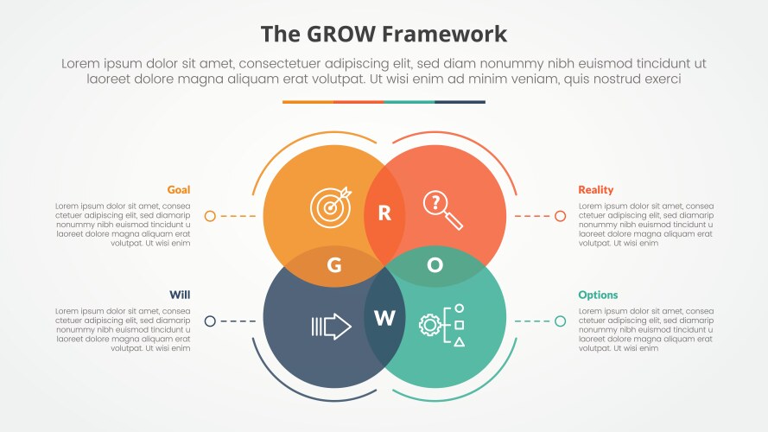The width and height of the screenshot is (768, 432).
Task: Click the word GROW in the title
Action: point(340,35)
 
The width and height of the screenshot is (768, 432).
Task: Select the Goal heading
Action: point(179,190)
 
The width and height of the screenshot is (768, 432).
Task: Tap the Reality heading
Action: point(596,190)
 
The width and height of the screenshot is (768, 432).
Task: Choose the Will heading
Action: point(180,295)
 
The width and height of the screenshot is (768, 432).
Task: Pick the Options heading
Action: point(598,295)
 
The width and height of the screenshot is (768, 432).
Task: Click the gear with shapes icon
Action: point(441,325)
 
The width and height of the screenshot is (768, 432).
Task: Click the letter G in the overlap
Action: point(334,265)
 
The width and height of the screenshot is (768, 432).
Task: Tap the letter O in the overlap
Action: point(435,265)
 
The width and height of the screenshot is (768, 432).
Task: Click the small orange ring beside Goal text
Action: point(210,216)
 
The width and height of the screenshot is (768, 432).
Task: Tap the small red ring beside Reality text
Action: point(560,216)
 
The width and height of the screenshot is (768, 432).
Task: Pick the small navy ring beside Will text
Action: point(210,321)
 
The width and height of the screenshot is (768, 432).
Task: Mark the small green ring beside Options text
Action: point(560,321)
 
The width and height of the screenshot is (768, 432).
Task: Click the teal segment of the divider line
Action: point(409,102)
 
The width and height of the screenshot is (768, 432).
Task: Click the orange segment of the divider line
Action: point(308,102)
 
